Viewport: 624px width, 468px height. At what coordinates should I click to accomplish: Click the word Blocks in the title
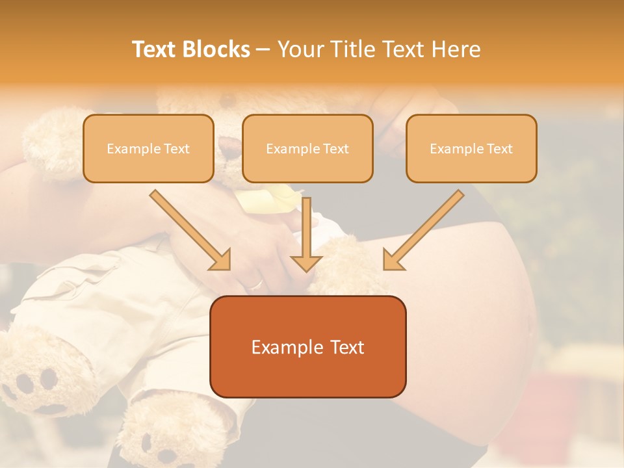tap(216, 49)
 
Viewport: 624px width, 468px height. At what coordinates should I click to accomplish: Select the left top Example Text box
tap(148, 149)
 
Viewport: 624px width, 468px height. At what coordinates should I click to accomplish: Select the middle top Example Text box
tap(307, 149)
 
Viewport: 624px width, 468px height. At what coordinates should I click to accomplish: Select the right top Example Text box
tap(471, 149)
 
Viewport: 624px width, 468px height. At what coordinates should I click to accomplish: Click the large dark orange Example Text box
tap(308, 346)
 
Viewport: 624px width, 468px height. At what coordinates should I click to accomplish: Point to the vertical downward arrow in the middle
tap(307, 234)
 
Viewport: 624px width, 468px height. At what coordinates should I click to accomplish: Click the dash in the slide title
tap(263, 50)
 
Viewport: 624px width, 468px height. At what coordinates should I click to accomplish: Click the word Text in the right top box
tap(500, 149)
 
